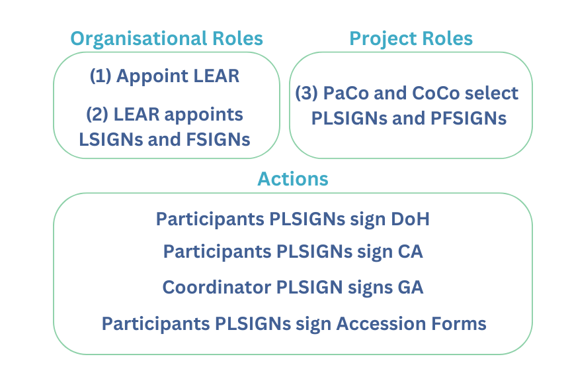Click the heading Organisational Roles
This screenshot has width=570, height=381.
click(x=167, y=39)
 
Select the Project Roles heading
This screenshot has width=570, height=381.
click(x=411, y=39)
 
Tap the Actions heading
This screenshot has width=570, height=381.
click(x=293, y=179)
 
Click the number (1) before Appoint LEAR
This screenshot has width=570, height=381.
click(x=101, y=76)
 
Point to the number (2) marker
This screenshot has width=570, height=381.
click(x=97, y=115)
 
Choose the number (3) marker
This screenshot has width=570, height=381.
click(x=306, y=93)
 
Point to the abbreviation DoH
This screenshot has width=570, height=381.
click(x=410, y=219)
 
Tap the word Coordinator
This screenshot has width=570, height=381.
click(x=217, y=288)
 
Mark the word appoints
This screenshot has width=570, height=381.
click(x=204, y=115)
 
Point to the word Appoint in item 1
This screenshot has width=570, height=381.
click(x=152, y=77)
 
